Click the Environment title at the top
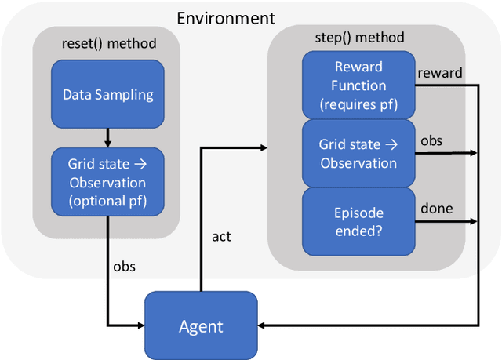click(x=226, y=17)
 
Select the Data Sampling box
click(x=107, y=95)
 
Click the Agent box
click(x=201, y=326)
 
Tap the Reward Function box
click(x=360, y=85)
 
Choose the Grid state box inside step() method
click(x=358, y=154)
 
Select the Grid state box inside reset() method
click(x=107, y=179)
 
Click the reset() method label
click(x=107, y=43)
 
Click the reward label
click(x=439, y=72)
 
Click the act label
click(x=222, y=236)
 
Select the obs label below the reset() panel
click(x=124, y=267)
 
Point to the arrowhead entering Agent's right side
click(x=264, y=325)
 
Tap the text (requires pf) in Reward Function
click(x=360, y=103)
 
